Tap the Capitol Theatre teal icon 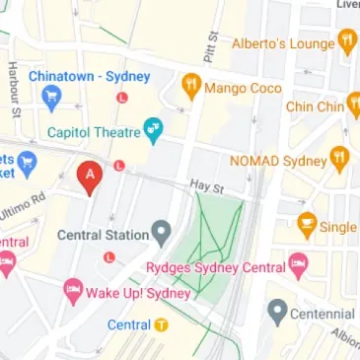pos(152,128)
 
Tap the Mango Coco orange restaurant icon pos(190,89)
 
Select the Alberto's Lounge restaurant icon pos(346,41)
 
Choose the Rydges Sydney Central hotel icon pos(298,264)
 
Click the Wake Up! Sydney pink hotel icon pos(72,292)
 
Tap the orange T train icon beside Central pos(162,325)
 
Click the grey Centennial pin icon pos(278,314)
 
